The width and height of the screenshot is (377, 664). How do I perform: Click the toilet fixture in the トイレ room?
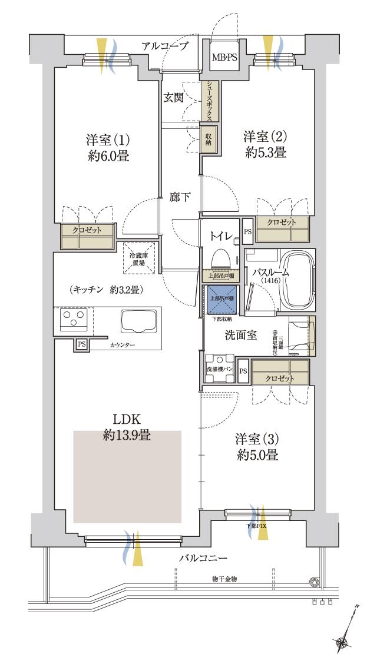[x=221, y=258]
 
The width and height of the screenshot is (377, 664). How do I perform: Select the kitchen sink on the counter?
[x=140, y=322]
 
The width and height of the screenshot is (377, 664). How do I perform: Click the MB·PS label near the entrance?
[x=224, y=57]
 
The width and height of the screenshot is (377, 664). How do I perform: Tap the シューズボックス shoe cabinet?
[x=209, y=101]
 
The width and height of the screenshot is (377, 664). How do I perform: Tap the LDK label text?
[x=127, y=420]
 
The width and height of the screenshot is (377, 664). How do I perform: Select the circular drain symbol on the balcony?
[x=315, y=582]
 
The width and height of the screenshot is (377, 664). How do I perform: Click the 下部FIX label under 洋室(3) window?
[x=254, y=524]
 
